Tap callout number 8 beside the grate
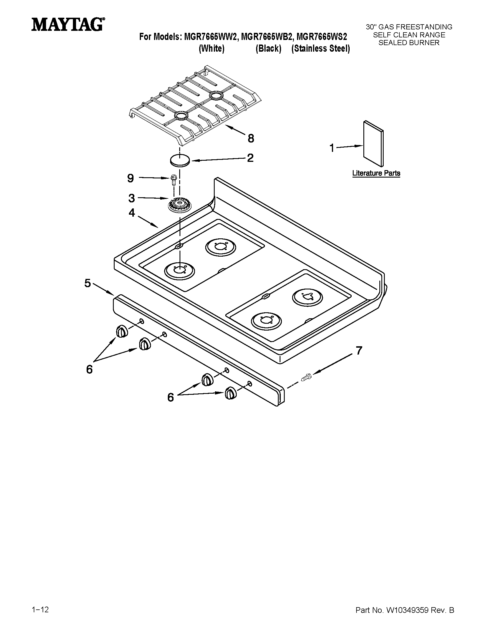251,139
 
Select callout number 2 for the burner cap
250,158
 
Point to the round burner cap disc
180,160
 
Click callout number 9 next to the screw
130,179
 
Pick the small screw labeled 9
174,180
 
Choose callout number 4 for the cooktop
132,213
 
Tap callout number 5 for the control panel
87,283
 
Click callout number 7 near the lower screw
359,351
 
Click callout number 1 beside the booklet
332,148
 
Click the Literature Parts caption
376,173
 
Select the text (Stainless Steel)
320,49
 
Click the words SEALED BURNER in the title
409,43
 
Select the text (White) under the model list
212,49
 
